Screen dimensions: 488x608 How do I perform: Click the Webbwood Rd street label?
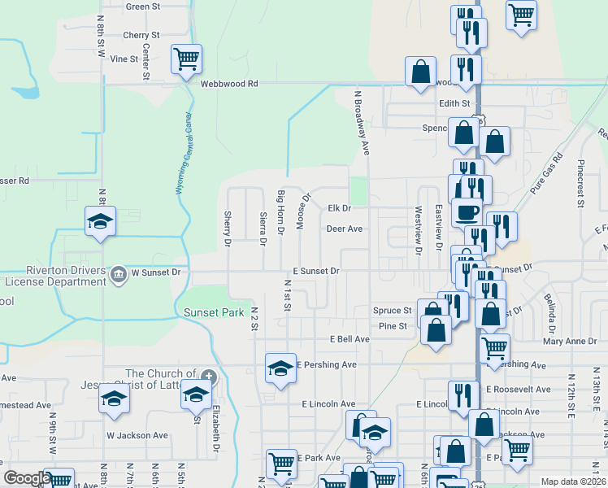(229, 84)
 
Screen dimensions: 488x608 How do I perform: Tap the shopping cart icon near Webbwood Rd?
(187, 59)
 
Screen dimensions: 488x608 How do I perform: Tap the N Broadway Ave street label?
(360, 122)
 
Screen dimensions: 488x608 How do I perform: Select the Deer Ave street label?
(344, 229)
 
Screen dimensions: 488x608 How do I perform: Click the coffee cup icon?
(467, 212)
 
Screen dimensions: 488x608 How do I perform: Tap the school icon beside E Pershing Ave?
(280, 367)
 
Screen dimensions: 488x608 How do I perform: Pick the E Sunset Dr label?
(315, 270)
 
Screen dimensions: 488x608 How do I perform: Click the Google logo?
(26, 478)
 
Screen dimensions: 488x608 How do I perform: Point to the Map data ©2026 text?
(572, 481)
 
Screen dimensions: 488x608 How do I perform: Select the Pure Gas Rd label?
(546, 173)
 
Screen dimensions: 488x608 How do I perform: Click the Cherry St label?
(141, 36)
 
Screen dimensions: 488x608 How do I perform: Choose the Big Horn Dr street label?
(280, 213)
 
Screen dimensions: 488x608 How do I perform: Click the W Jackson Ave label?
(137, 435)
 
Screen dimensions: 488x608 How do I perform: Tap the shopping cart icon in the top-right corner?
(520, 14)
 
